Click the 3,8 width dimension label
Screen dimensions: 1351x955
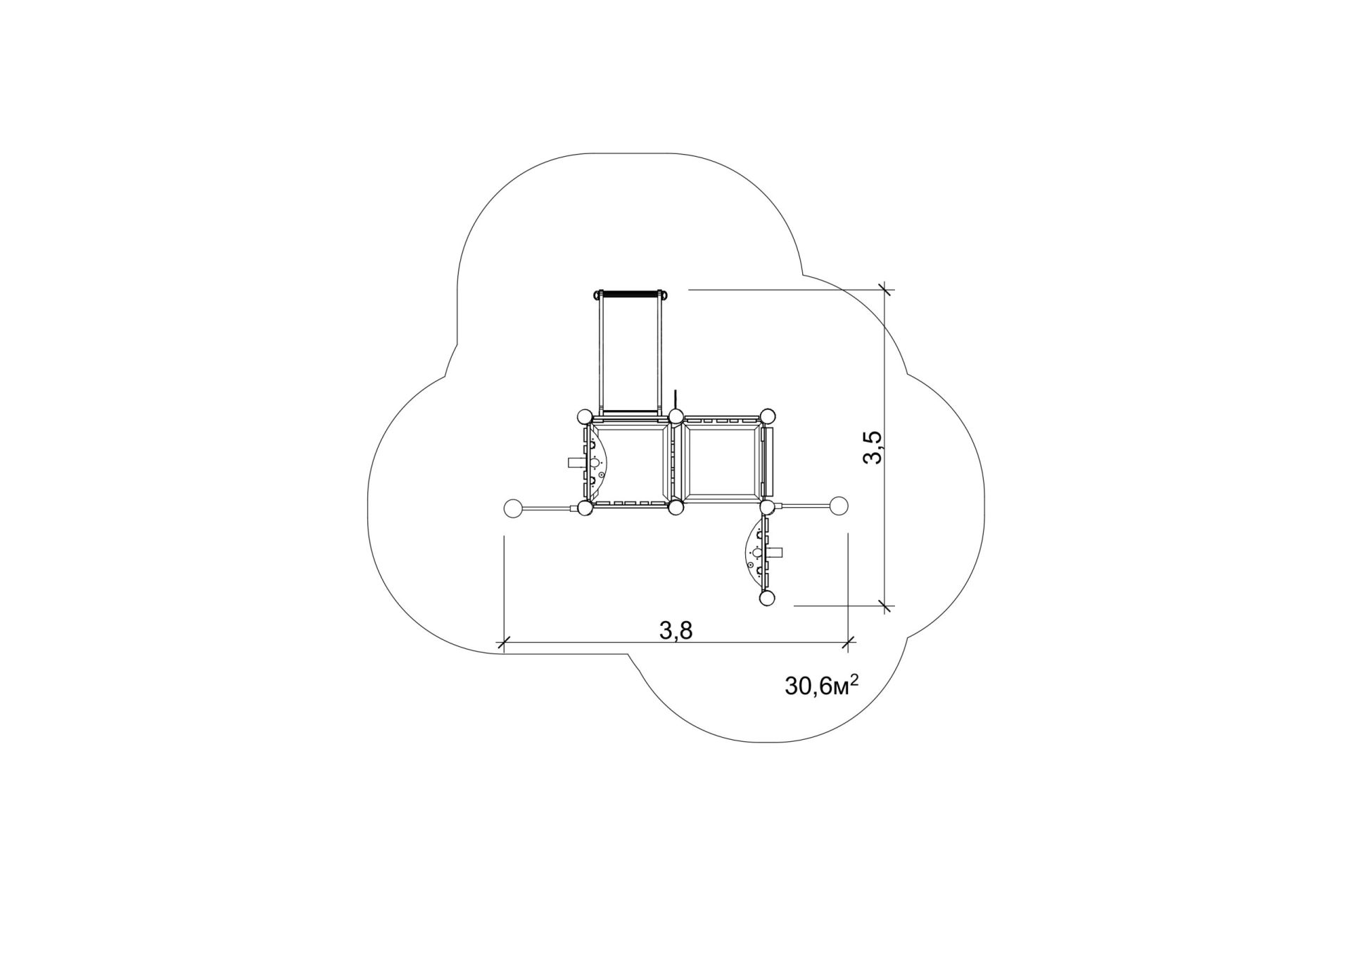676,631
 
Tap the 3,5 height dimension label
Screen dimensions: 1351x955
872,447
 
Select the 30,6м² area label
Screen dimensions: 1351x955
821,685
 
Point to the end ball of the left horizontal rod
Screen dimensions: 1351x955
513,508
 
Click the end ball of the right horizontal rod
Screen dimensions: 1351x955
839,506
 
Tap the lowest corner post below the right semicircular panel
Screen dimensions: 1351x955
767,598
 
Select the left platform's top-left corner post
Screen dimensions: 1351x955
584,417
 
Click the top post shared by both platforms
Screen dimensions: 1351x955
675,417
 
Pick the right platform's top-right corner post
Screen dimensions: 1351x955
767,416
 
